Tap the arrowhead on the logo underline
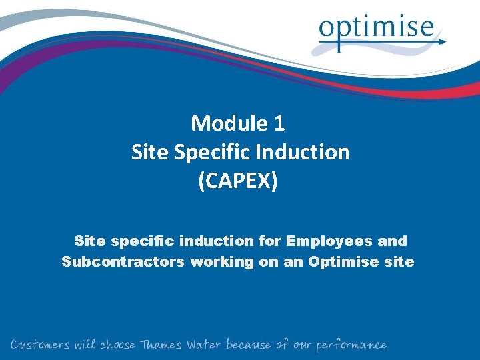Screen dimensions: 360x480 (x=442, y=41)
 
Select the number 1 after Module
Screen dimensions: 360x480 (x=279, y=123)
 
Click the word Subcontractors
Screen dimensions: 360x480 (x=123, y=262)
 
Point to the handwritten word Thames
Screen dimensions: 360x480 (x=161, y=345)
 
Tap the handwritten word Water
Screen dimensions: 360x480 (x=204, y=345)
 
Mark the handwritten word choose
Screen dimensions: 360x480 (x=117, y=345)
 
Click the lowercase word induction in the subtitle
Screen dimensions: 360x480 (x=215, y=240)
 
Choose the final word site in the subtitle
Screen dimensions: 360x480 (x=399, y=262)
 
